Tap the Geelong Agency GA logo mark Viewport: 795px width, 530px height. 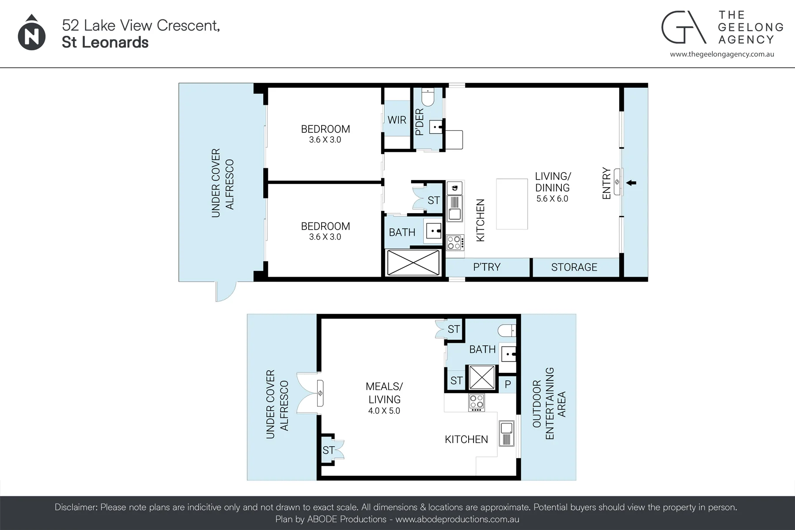pos(683,27)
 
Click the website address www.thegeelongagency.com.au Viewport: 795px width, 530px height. pos(722,54)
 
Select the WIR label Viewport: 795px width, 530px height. pos(397,120)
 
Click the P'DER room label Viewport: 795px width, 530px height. pos(420,122)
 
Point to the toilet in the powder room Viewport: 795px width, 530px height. pos(428,95)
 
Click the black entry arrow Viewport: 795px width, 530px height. pos(631,183)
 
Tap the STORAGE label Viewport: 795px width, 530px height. pos(574,267)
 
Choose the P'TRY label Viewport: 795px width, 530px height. pos(487,267)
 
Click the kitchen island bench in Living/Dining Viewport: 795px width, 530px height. pos(512,204)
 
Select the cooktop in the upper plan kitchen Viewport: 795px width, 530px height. pos(455,242)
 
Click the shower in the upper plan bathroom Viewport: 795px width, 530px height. pos(413,263)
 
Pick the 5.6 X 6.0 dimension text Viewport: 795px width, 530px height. pos(552,199)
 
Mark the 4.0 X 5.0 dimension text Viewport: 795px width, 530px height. pos(384,411)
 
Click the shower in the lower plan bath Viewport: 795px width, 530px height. pos(481,377)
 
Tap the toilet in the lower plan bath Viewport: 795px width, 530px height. pos(507,330)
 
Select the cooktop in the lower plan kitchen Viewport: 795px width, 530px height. pos(477,402)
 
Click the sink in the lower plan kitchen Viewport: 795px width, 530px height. pos(507,433)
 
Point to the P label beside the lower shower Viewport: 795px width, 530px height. pos(507,384)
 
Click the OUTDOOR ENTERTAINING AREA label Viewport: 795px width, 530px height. pos(549,403)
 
